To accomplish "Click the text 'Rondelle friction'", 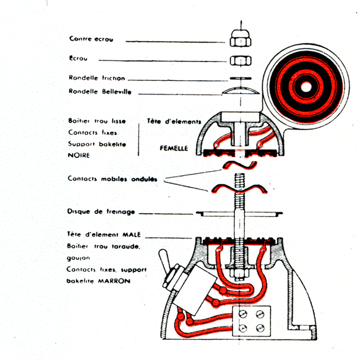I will coord(97,78).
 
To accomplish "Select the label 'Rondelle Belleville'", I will coord(100,91).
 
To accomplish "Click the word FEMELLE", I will coord(171,148).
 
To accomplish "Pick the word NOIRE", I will coord(80,156).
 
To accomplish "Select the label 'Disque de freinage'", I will coord(101,212).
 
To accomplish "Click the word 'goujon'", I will coord(79,258).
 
